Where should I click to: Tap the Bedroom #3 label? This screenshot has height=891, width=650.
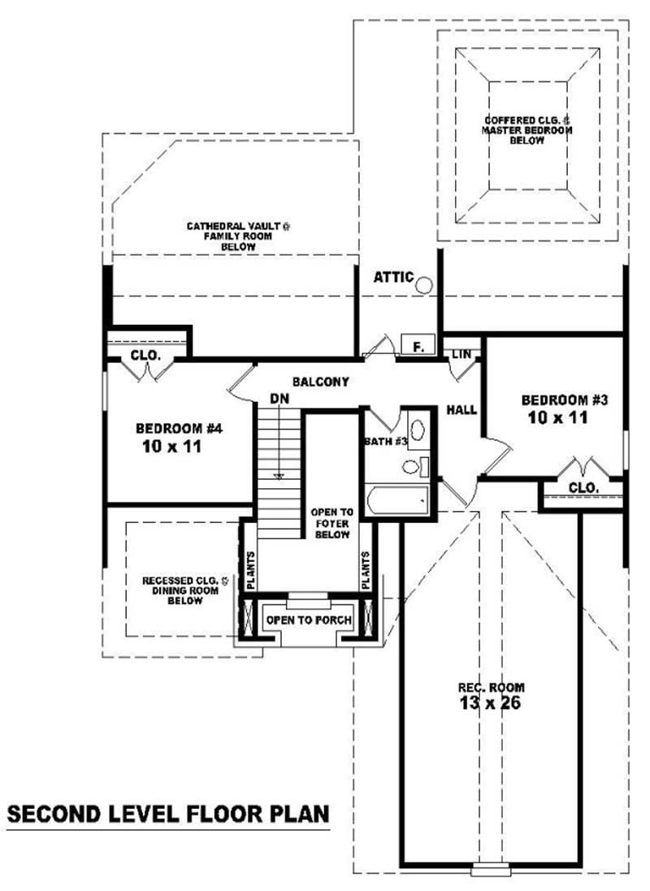(x=565, y=400)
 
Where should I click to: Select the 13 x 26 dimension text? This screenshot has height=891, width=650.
(x=489, y=703)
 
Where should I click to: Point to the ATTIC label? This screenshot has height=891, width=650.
(x=393, y=278)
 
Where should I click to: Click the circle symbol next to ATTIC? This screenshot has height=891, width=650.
(x=425, y=284)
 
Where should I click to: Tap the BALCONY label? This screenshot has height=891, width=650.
(x=321, y=381)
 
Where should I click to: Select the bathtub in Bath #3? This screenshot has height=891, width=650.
(x=396, y=500)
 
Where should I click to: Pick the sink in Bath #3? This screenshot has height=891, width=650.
(x=417, y=430)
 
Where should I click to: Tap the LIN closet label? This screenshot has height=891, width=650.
(x=461, y=354)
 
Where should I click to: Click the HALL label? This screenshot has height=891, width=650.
(x=461, y=410)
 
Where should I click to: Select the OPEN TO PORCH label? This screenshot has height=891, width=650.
(x=310, y=620)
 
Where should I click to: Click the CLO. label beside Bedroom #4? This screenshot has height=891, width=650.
(x=146, y=356)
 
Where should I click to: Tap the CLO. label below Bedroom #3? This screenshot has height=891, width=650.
(x=583, y=487)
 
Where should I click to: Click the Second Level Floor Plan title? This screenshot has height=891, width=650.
(x=168, y=813)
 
